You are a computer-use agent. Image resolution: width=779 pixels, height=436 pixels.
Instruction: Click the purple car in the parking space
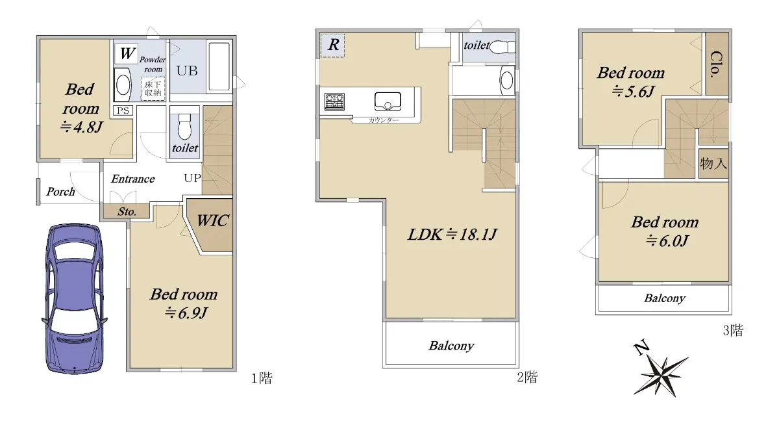(x=75, y=298)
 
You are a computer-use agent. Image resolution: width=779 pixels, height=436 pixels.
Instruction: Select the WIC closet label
(x=212, y=221)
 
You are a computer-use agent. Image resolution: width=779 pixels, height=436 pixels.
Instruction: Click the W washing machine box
(x=126, y=53)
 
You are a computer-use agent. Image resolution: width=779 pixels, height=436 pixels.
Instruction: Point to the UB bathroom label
(x=187, y=71)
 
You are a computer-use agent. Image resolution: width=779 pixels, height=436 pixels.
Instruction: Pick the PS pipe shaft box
(x=123, y=110)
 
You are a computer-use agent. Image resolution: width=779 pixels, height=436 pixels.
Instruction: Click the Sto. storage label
(x=127, y=212)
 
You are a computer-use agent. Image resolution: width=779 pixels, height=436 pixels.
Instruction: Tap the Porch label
(x=60, y=192)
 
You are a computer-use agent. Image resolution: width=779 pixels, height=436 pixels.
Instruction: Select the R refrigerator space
(x=332, y=45)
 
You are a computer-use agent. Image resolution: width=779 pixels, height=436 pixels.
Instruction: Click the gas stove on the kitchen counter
(x=334, y=101)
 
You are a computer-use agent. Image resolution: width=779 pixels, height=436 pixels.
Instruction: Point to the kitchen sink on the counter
(x=388, y=101)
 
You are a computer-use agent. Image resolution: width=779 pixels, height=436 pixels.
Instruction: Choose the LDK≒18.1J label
(x=452, y=235)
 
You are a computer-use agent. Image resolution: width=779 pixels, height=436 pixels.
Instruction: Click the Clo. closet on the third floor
(x=717, y=63)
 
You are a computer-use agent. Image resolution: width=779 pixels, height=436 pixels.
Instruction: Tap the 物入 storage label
(x=713, y=163)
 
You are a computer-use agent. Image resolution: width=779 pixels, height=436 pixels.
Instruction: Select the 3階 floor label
(x=734, y=330)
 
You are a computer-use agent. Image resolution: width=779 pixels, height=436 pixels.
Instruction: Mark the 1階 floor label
(x=262, y=378)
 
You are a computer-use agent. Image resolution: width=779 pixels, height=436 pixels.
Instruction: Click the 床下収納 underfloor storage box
(x=153, y=89)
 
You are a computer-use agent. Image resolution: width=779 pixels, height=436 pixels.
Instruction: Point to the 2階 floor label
(x=527, y=377)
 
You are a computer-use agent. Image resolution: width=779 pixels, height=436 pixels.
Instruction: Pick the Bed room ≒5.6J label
(x=631, y=82)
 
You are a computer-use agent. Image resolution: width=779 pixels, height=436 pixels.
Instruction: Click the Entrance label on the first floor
(x=133, y=179)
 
